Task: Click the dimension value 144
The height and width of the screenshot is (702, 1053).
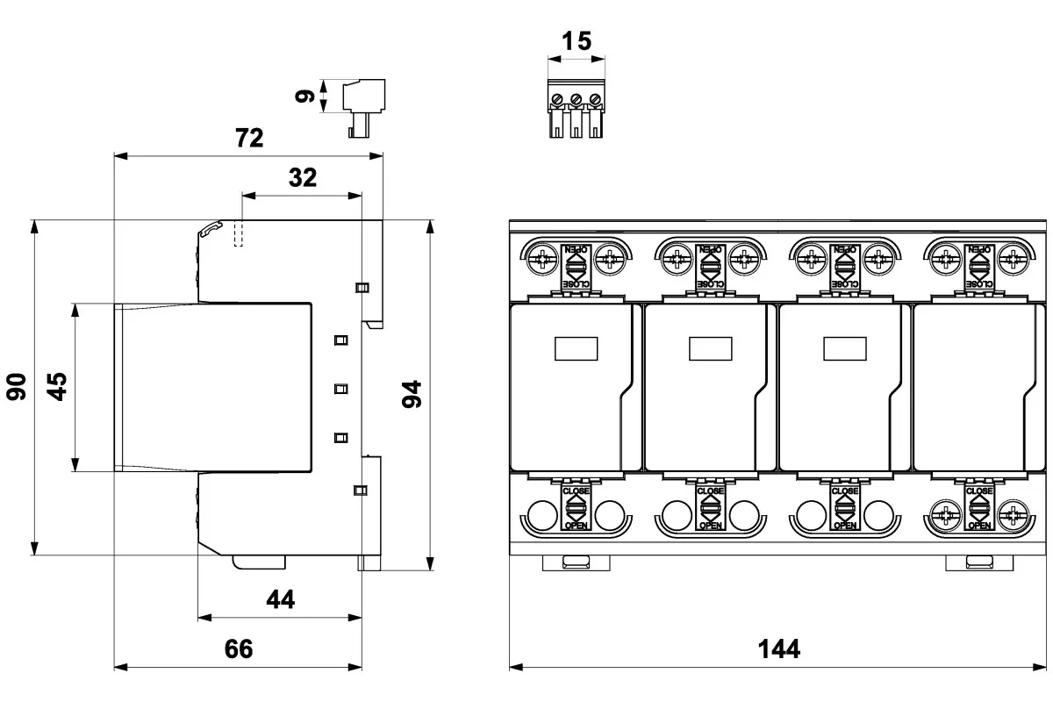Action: coord(778,649)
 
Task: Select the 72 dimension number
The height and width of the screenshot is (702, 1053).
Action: coord(249,138)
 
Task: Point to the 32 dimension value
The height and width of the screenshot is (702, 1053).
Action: coord(302,177)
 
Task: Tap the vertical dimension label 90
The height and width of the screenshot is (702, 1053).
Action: coord(17,386)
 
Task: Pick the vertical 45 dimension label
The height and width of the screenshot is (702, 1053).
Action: coord(56,386)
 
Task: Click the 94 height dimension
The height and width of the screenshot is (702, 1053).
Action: coord(412,394)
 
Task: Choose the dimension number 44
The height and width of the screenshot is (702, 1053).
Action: coord(280,599)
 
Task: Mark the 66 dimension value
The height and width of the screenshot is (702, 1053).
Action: coord(238,649)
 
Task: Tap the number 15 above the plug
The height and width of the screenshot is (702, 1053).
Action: coord(576,40)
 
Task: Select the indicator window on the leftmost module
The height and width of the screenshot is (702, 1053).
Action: coord(576,349)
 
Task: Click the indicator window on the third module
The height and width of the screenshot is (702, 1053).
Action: coord(844,349)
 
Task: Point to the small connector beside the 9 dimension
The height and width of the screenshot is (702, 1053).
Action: coord(359,107)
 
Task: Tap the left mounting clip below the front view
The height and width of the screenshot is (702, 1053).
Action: coord(576,562)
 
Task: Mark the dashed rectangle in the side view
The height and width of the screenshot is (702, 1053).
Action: coord(238,233)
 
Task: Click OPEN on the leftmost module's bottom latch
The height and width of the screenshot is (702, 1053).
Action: coord(576,525)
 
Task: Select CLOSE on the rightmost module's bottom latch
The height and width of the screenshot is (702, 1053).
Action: coord(978,491)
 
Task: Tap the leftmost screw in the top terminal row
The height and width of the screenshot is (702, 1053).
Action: coord(543,258)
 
